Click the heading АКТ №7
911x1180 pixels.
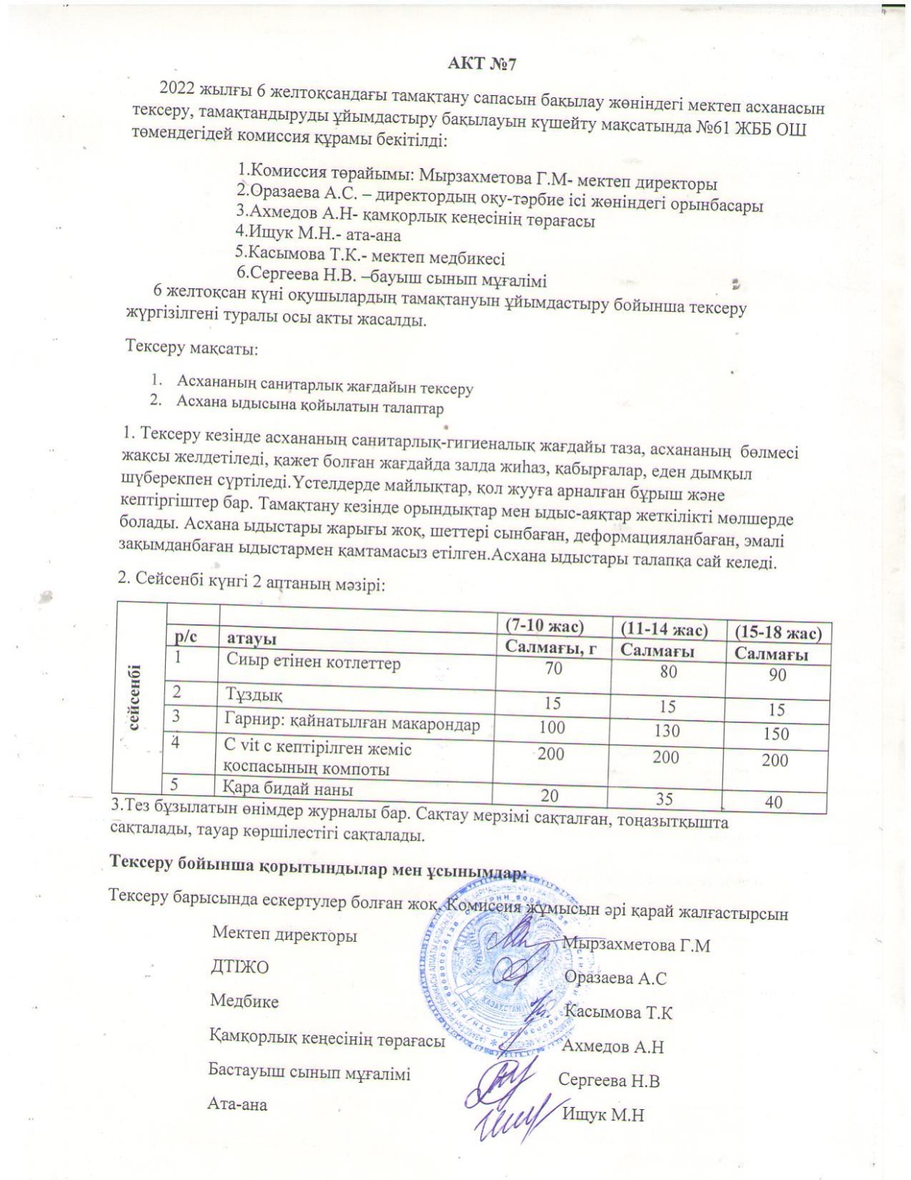pyautogui.click(x=483, y=64)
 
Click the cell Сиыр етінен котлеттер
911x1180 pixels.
pyautogui.click(x=313, y=663)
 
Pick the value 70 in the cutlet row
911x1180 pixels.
pyautogui.click(x=553, y=668)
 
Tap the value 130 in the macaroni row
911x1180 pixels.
pyautogui.click(x=666, y=731)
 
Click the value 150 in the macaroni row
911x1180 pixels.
pyautogui.click(x=776, y=734)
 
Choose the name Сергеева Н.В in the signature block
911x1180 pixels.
pyautogui.click(x=609, y=1081)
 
